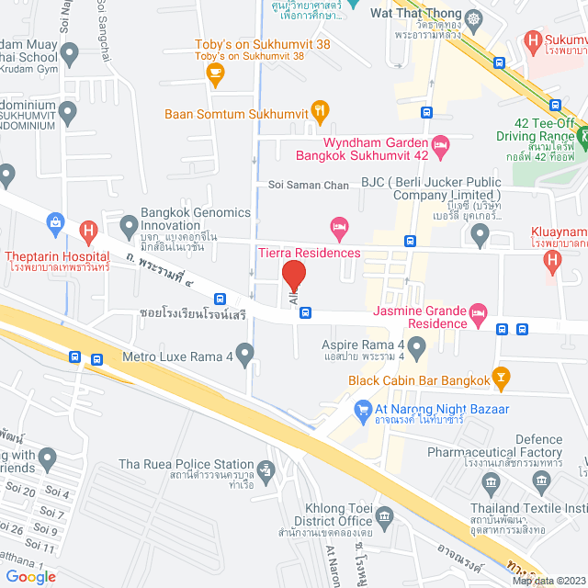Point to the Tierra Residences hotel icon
coord(339,225)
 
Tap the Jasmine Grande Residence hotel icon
coord(477,313)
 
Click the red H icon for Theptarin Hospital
coord(88,231)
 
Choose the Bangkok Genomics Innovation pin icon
coord(130,222)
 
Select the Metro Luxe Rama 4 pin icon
coord(244,353)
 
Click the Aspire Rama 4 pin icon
coord(416,347)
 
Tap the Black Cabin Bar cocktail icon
coord(500,375)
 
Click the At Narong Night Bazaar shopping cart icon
coord(363,409)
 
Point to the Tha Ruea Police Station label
coord(187,464)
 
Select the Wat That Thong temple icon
coord(473,17)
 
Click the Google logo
coord(30,576)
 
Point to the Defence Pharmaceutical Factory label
coord(526,446)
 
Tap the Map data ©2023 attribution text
coord(548,580)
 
